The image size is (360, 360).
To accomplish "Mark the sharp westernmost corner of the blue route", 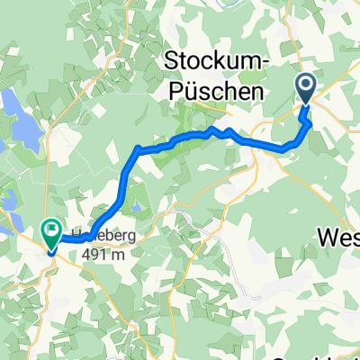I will coord(136,148).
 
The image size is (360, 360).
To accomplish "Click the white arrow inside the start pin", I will coord(305,86).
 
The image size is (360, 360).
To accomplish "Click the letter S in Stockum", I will coord(170,62).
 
